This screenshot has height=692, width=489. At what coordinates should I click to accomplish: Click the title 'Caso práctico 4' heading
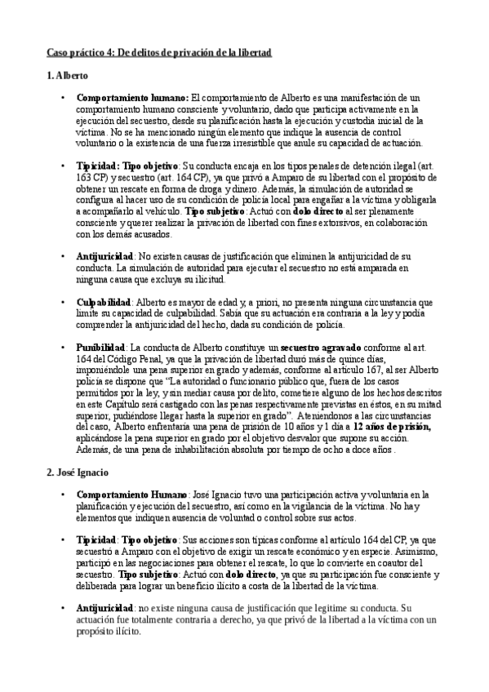[x=158, y=52]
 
